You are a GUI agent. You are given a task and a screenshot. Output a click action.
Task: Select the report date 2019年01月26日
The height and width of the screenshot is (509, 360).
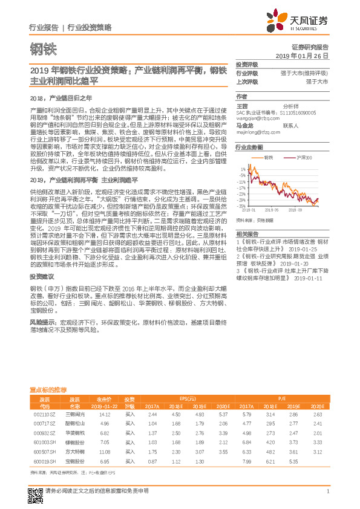coord(301,56)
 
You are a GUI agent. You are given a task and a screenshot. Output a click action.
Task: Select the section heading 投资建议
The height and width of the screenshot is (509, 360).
coord(39,275)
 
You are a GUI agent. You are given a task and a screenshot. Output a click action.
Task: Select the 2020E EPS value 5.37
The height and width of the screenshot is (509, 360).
coord(223,413)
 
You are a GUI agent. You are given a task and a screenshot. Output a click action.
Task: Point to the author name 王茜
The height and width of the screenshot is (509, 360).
coord(242,105)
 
